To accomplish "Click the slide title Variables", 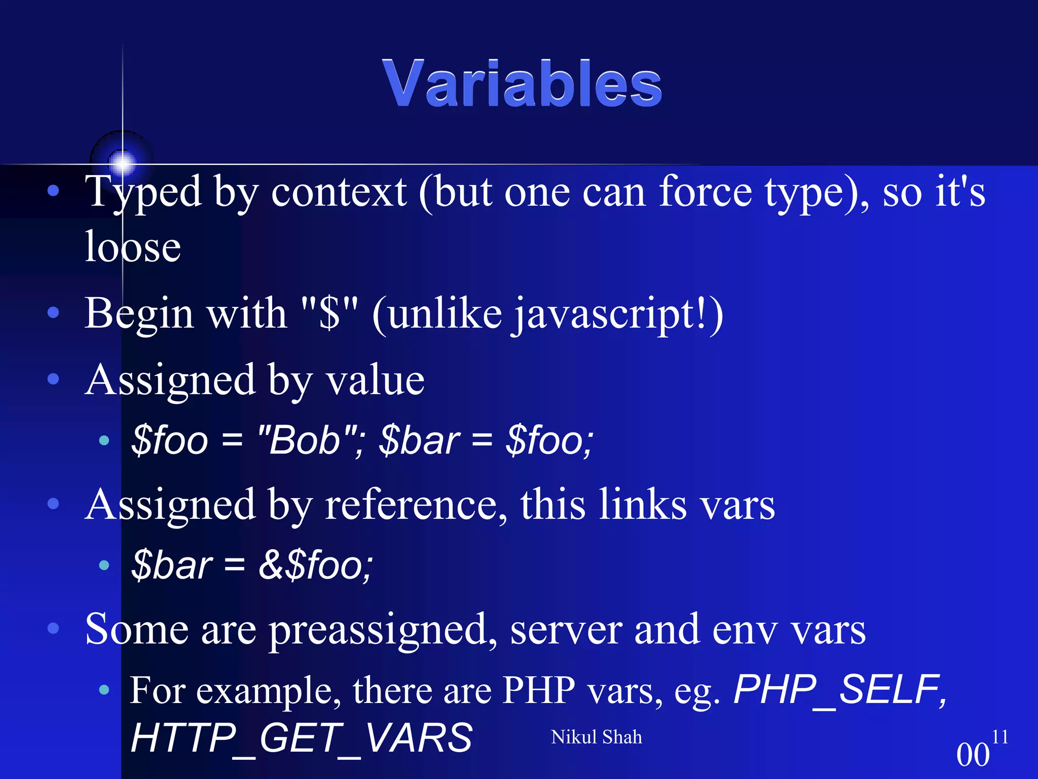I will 522,84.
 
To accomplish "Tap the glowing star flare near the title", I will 122,162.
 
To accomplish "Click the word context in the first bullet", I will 339,193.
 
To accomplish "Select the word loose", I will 133,247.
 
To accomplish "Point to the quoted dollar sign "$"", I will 329,313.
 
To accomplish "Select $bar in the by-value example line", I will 419,440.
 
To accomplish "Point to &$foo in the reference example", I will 315,565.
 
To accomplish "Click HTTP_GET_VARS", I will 302,738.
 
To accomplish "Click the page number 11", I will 999,736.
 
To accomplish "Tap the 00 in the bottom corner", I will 973,755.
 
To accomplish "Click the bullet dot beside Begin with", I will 53,312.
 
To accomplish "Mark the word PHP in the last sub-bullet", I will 538,691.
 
